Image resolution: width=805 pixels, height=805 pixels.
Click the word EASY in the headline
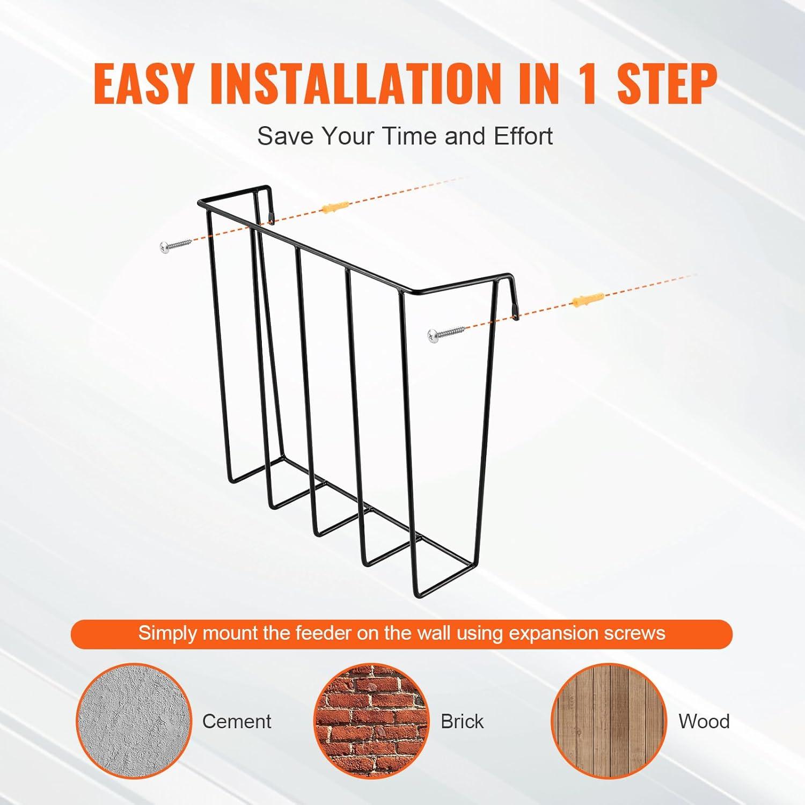[x=143, y=84]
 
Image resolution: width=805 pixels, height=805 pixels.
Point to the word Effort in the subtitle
[x=523, y=136]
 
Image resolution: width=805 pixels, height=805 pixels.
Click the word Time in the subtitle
[x=411, y=136]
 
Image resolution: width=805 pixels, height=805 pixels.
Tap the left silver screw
[x=175, y=246]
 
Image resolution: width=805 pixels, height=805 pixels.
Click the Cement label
[x=237, y=721]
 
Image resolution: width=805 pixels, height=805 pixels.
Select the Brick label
[x=462, y=721]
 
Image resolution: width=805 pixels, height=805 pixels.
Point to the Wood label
[x=704, y=721]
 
